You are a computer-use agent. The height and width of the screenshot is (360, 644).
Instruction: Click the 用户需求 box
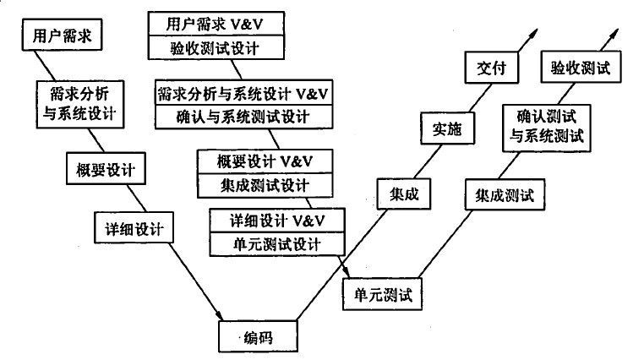pyautogui.click(x=62, y=35)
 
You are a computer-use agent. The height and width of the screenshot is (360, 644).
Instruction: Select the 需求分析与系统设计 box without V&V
pyautogui.click(x=80, y=104)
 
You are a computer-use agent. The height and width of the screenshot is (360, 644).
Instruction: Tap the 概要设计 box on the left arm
pyautogui.click(x=106, y=169)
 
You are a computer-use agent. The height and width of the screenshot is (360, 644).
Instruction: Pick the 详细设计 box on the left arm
pyautogui.click(x=134, y=228)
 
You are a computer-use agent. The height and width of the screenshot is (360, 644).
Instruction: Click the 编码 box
pyautogui.click(x=258, y=336)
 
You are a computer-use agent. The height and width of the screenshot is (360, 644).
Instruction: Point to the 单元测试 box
pyautogui.click(x=382, y=294)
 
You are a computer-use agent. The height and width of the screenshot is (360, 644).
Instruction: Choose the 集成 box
pyautogui.click(x=404, y=194)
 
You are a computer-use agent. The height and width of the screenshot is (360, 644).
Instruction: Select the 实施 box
pyautogui.click(x=448, y=128)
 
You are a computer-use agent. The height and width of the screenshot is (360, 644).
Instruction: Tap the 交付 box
pyautogui.click(x=492, y=68)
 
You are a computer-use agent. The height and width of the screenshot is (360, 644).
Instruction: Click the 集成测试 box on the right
pyautogui.click(x=505, y=194)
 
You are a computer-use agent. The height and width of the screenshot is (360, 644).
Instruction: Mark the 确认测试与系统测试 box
pyautogui.click(x=547, y=128)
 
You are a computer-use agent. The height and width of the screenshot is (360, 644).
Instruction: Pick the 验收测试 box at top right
pyautogui.click(x=581, y=67)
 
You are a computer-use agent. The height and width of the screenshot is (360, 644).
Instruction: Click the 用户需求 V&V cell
pyautogui.click(x=216, y=24)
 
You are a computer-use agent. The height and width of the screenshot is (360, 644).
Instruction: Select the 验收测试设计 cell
pyautogui.click(x=216, y=47)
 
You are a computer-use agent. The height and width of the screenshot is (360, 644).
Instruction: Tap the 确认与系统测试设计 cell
pyautogui.click(x=244, y=117)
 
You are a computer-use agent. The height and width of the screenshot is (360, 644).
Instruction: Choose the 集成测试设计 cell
pyautogui.click(x=265, y=186)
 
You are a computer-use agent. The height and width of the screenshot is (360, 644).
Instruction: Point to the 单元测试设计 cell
pyautogui.click(x=277, y=244)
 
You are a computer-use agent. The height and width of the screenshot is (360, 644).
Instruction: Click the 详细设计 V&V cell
pyautogui.click(x=277, y=221)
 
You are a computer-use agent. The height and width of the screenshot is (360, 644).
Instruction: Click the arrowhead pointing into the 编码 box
pyautogui.click(x=220, y=316)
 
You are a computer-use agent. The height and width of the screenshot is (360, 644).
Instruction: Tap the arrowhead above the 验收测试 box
pyautogui.click(x=614, y=34)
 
